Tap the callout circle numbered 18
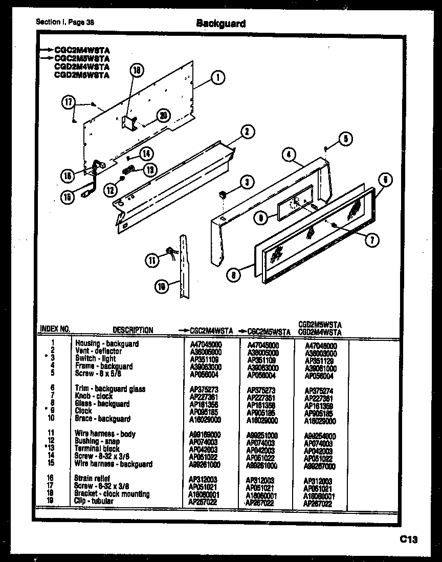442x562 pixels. tap(137, 72)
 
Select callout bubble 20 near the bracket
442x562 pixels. tap(162, 116)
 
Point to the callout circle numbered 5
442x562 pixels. tap(345, 137)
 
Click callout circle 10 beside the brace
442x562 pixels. tap(162, 287)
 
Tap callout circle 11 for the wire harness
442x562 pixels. tap(152, 260)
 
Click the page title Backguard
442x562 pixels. tap(220, 24)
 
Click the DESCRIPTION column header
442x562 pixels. tap(132, 330)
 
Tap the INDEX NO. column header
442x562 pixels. tap(54, 329)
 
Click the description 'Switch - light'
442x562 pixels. tap(96, 359)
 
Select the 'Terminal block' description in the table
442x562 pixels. tap(97, 449)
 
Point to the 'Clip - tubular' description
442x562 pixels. tap(94, 502)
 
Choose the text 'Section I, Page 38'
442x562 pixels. tap(65, 23)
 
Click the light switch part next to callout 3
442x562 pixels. tap(223, 194)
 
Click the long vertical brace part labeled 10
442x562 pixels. tap(182, 266)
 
